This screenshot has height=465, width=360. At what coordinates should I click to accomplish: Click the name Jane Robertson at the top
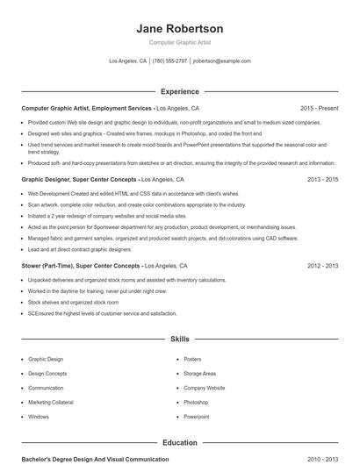tap(180, 28)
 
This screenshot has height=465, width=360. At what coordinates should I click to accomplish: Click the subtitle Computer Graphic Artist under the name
tap(180, 42)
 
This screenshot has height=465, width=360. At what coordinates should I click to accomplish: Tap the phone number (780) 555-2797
tap(169, 61)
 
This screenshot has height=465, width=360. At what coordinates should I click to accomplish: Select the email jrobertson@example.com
tap(221, 61)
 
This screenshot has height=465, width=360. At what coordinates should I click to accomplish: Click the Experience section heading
tap(179, 91)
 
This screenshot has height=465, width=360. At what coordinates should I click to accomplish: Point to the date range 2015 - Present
tap(319, 108)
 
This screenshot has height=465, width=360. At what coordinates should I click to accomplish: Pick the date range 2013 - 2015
tap(322, 178)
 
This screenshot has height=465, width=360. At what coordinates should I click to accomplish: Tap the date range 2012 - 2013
tap(322, 264)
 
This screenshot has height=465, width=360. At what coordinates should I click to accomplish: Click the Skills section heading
tap(179, 338)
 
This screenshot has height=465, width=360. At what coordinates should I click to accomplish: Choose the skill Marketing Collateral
tap(52, 402)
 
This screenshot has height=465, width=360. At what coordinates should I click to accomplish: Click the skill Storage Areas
tap(200, 373)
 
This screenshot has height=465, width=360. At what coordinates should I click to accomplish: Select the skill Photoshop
tap(196, 402)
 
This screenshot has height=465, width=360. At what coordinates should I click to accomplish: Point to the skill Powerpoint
tap(197, 417)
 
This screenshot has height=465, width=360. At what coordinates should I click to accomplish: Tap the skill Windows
tap(39, 417)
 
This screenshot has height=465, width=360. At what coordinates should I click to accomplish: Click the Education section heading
tap(179, 443)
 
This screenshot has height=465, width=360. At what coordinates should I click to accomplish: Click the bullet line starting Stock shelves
tap(61, 302)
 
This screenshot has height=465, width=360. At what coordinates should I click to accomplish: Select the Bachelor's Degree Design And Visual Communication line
tap(95, 459)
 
